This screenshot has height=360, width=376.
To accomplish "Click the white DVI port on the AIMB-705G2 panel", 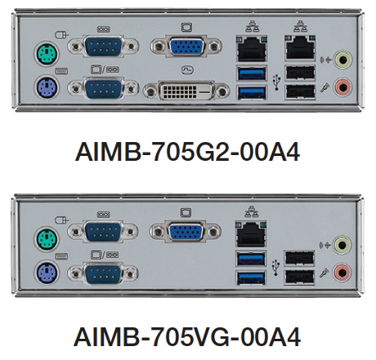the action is [x=186, y=91].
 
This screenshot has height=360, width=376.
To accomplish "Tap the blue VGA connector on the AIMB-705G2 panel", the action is [x=186, y=47].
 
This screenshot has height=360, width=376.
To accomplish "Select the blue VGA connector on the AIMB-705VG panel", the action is [x=186, y=232].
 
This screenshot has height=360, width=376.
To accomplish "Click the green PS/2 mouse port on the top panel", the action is [x=47, y=53].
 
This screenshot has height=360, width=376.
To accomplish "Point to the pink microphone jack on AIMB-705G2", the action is [x=342, y=87].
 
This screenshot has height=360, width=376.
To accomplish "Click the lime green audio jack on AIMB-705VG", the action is [x=342, y=245].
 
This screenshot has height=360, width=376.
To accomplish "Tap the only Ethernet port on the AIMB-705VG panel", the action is [x=251, y=233].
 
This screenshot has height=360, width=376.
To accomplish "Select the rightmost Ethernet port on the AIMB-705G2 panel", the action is [x=300, y=47].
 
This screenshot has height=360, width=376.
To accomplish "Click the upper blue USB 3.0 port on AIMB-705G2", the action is [x=252, y=73].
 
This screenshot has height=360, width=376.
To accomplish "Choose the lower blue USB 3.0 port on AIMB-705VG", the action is [x=251, y=278].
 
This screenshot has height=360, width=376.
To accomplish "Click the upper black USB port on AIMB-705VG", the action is [x=299, y=258].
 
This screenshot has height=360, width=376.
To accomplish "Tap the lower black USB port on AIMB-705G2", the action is [x=300, y=92].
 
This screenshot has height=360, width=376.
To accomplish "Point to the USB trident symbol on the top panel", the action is [x=277, y=82].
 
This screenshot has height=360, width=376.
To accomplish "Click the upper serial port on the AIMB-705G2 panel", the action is [x=103, y=47].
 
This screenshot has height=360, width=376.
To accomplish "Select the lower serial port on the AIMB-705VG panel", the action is [x=103, y=273].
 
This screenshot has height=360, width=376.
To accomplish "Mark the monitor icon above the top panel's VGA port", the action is [x=186, y=28].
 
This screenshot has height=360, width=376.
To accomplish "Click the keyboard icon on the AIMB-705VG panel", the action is [x=61, y=256].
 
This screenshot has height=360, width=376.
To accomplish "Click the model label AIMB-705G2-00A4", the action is [x=187, y=152].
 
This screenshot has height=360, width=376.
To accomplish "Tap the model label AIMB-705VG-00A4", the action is [x=187, y=337].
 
